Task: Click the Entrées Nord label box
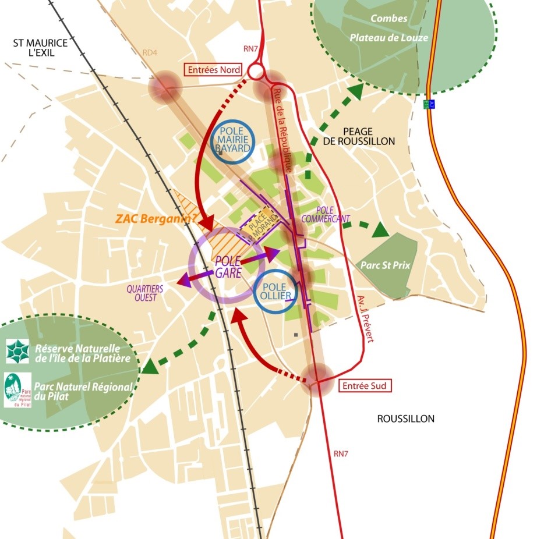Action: point(213,70)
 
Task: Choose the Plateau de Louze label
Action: point(388,38)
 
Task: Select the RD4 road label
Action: point(150,53)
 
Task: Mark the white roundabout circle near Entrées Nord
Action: point(256,71)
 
